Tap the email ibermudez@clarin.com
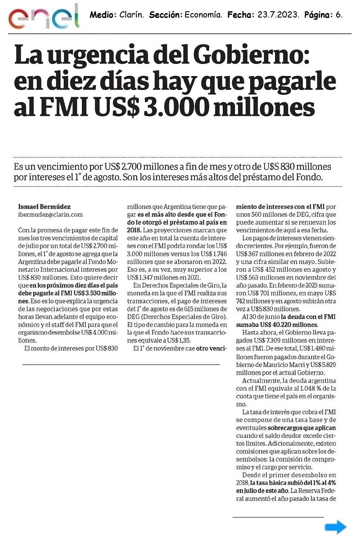click(x=50, y=215)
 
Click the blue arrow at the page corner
click(x=336, y=527)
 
